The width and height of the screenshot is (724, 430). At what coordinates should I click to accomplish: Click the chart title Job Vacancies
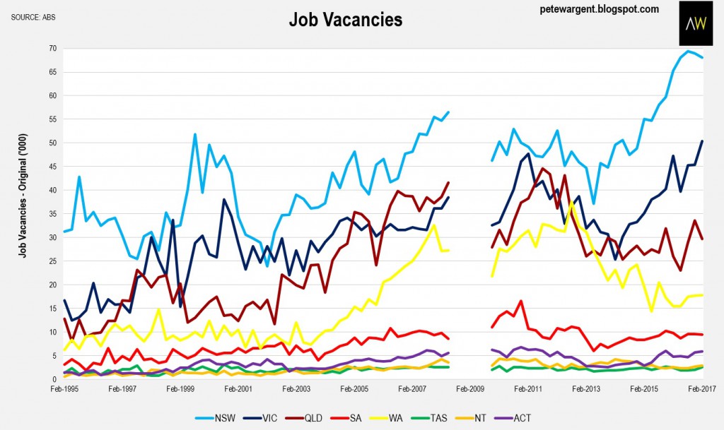tap(345, 20)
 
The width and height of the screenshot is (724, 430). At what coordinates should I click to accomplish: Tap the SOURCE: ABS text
tap(33, 17)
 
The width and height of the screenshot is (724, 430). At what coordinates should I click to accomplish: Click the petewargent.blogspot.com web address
tap(600, 8)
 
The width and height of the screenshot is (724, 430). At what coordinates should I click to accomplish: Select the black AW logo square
tap(696, 23)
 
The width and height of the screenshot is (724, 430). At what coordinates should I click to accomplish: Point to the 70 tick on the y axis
tap(52, 49)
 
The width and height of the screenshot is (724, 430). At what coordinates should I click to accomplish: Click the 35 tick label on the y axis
tap(52, 214)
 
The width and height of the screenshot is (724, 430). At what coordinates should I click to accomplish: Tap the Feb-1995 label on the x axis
tap(64, 389)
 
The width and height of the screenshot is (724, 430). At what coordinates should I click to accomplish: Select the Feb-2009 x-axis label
tap(470, 389)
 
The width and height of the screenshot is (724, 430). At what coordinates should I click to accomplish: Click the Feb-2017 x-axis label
tap(702, 389)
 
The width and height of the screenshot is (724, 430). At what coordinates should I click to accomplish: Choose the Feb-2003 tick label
tap(296, 389)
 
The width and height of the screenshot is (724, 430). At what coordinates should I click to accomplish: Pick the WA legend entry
tap(386, 418)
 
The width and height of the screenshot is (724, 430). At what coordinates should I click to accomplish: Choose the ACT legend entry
tap(513, 418)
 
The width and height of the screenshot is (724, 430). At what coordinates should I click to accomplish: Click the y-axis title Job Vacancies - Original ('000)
tap(23, 196)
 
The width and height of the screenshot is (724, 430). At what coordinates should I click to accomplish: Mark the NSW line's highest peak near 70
tap(688, 51)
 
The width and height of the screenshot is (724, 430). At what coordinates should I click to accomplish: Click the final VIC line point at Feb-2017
tap(702, 141)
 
